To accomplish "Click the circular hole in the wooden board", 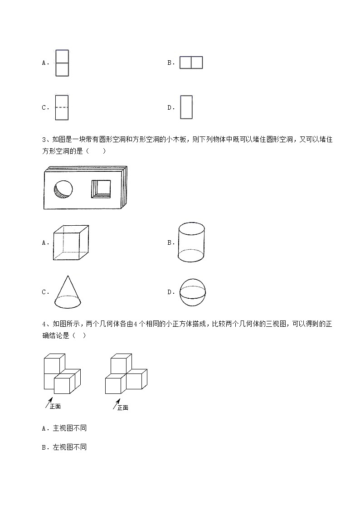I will tap(63, 189).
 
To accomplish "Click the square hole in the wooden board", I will tap(101, 189).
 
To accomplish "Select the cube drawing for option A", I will tap(70, 242).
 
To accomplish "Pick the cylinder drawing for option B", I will tap(191, 242).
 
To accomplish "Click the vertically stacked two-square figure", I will tap(62, 63).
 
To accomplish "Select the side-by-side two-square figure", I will tap(191, 63).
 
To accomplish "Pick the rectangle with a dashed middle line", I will tap(62, 107).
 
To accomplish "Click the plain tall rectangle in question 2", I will tap(186, 107).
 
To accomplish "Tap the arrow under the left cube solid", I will tap(48, 402).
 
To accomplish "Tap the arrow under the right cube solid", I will tap(116, 403).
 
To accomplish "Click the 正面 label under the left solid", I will tap(55, 406).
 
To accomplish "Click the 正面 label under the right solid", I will tap(123, 407).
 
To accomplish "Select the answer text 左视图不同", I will tap(70, 447).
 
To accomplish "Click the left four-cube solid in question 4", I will tap(62, 374).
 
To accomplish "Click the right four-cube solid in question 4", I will tap(126, 374).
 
